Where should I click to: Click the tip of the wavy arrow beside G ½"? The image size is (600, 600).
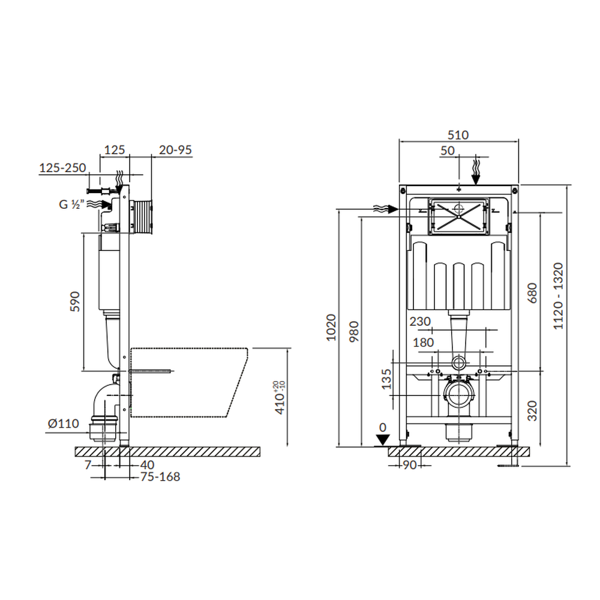[x=110, y=205]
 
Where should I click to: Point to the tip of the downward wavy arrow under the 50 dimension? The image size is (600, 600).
[x=476, y=184]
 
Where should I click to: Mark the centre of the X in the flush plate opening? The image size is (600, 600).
[x=458, y=217]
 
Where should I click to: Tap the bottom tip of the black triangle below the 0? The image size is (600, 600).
[x=383, y=445]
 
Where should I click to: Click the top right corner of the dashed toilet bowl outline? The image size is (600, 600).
[x=248, y=348]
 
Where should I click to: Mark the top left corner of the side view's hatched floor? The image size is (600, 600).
[x=76, y=447]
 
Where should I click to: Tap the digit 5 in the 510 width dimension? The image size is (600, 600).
[x=451, y=135]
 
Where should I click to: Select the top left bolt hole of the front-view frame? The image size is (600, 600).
[x=403, y=189]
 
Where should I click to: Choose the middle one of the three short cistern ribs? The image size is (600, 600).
[x=458, y=286]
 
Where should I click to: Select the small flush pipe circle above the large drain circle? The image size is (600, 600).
[x=459, y=362]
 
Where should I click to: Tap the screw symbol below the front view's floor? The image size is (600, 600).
[x=508, y=466]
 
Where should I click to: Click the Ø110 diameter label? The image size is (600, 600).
[x=63, y=424]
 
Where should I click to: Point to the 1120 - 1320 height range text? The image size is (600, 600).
[x=558, y=296]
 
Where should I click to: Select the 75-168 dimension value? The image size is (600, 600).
[x=160, y=477]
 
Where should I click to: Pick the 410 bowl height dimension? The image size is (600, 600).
[x=280, y=398]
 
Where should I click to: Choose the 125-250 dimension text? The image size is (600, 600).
[x=63, y=167]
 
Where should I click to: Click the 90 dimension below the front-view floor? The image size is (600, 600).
[x=409, y=465]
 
